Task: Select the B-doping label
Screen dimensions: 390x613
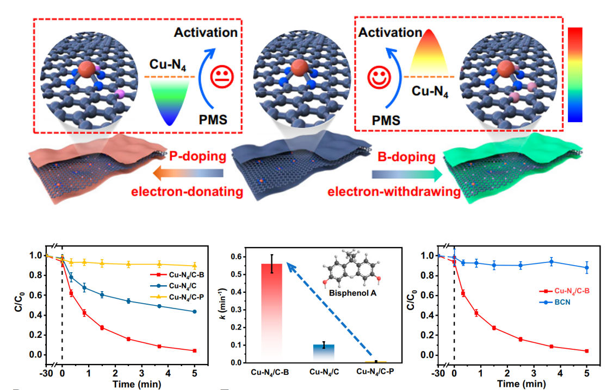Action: click(407, 158)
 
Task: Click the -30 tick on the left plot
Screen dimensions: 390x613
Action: click(46, 374)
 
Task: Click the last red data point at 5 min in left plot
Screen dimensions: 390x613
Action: click(194, 351)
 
